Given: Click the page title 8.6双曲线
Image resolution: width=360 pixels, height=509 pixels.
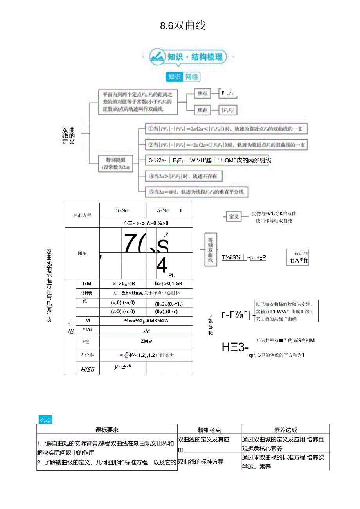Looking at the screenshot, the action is tap(183, 26).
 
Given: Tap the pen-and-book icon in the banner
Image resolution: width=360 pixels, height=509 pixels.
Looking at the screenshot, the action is tap(158, 57).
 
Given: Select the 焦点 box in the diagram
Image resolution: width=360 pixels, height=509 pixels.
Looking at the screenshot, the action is tap(202, 93).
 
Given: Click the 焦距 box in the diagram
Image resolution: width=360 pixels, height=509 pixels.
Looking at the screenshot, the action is tap(202, 110).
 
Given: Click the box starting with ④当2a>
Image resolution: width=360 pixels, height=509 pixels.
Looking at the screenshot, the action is tap(184, 176).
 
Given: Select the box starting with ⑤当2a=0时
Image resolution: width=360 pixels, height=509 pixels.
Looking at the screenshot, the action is tap(194, 192).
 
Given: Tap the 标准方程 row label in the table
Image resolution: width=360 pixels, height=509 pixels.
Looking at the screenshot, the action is tap(82, 215).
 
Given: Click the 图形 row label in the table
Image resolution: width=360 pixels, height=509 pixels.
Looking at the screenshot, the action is tap(82, 254).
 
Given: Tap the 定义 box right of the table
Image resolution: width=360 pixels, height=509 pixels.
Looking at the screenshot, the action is tap(234, 217).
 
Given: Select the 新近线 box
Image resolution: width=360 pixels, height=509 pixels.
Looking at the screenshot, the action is tap(299, 257).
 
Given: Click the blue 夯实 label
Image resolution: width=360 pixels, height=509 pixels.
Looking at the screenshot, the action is tap(45, 421).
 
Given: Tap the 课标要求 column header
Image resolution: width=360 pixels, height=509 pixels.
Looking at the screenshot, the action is tap(107, 430).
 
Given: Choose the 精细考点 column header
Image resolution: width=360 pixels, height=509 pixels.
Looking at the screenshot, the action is tap(209, 430).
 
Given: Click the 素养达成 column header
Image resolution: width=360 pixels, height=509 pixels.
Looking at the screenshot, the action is tap(286, 430).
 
